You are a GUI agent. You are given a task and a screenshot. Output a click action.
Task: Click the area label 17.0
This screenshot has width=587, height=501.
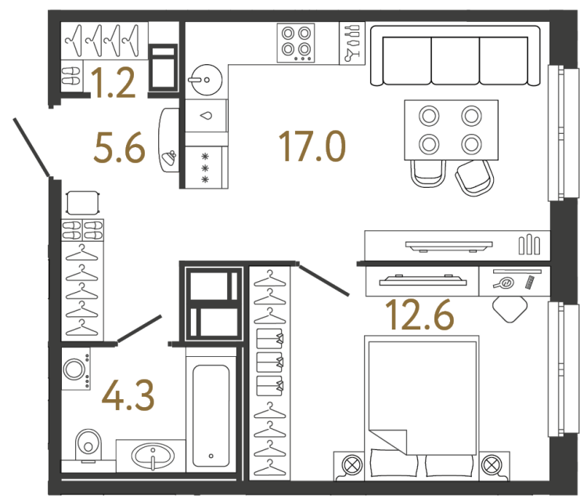tap(311, 146)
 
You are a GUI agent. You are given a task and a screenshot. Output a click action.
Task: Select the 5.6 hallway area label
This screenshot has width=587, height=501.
tap(119, 146)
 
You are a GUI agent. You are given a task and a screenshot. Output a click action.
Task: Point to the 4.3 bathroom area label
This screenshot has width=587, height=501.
tap(128, 396)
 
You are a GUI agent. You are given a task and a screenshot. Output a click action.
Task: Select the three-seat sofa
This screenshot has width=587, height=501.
tap(456, 56)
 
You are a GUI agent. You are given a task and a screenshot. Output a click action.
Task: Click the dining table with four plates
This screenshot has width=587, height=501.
tap(449, 130)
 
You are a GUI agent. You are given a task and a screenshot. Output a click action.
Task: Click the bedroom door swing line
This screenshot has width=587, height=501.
tap(325, 280)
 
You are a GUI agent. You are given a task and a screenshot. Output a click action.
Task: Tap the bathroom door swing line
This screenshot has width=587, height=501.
tap(139, 330)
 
